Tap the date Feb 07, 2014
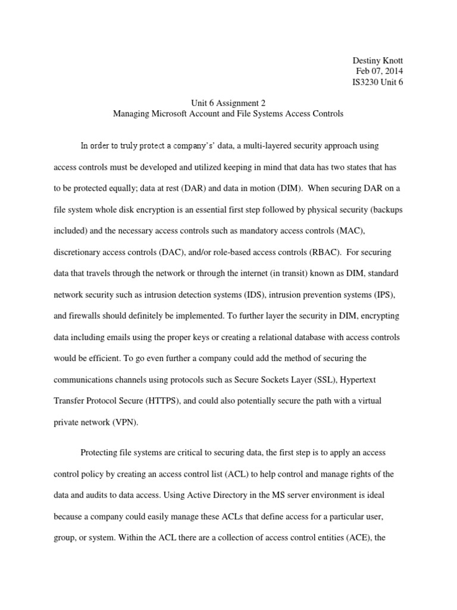pyautogui.click(x=379, y=71)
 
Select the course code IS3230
pyautogui.click(x=368, y=83)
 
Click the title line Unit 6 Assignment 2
pyautogui.click(x=228, y=102)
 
